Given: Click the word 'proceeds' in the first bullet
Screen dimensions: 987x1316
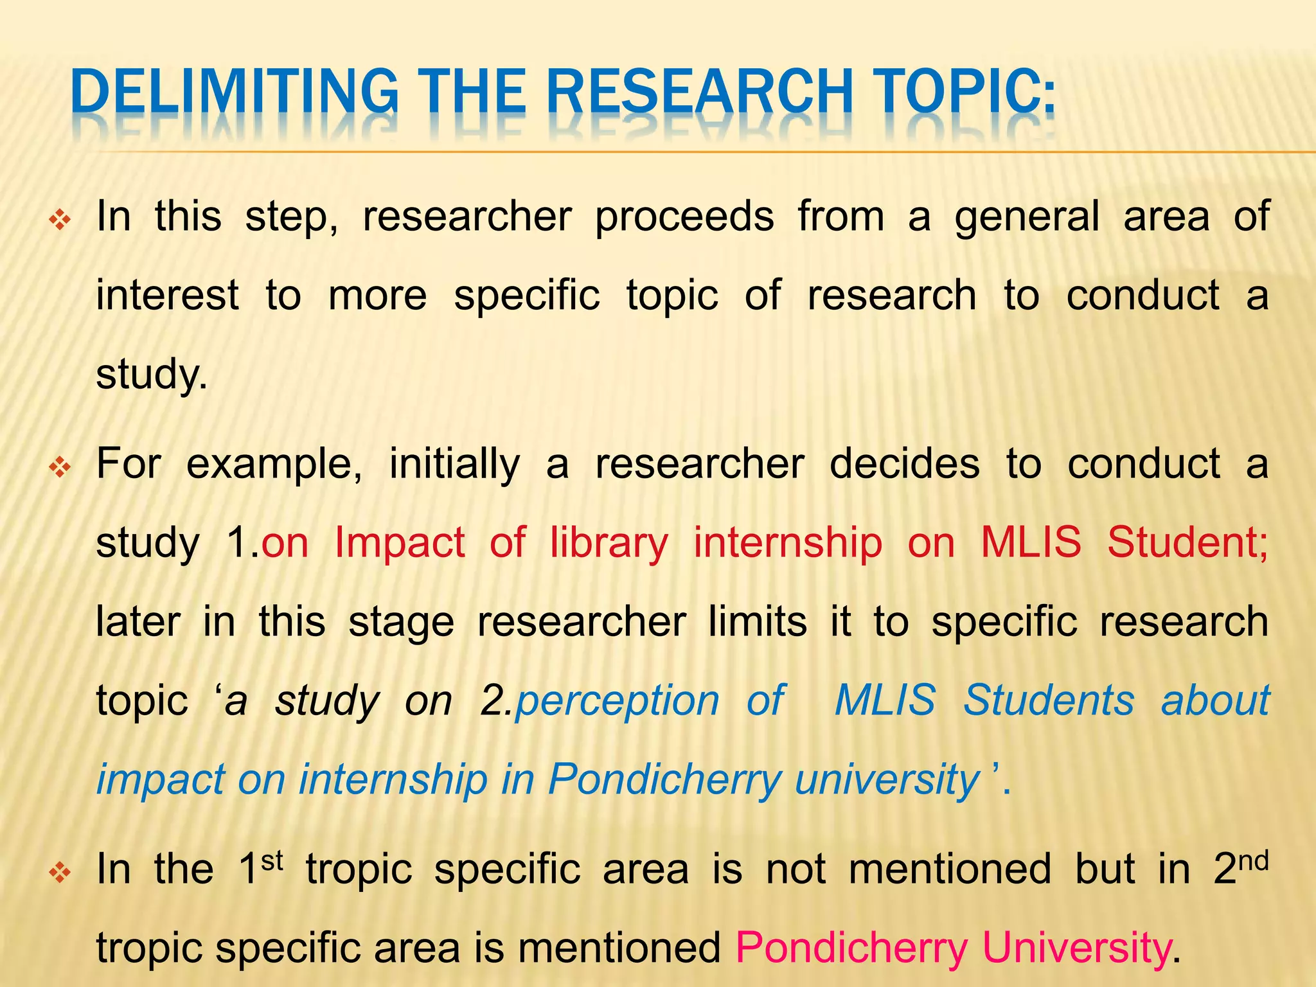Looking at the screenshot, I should (684, 217).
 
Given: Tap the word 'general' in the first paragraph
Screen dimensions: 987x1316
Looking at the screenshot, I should (1027, 217).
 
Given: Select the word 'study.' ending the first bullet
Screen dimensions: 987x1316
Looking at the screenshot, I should (152, 375).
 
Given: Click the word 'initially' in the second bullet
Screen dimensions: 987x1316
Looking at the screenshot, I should (455, 464).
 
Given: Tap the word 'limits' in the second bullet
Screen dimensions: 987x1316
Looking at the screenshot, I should (758, 622).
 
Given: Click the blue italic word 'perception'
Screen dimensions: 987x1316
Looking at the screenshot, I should (617, 701).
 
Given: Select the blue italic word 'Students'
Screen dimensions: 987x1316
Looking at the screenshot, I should (1049, 700).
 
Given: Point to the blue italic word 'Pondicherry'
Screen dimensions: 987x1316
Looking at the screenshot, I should (664, 780).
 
